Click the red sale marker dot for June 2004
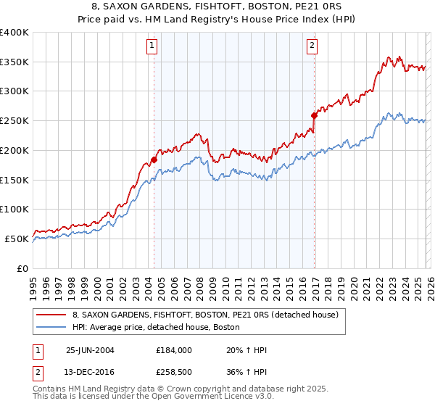(154, 159)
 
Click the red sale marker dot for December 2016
(314, 115)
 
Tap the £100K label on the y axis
(14, 209)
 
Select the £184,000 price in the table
(173, 350)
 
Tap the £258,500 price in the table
(173, 373)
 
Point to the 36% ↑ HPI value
(247, 373)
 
